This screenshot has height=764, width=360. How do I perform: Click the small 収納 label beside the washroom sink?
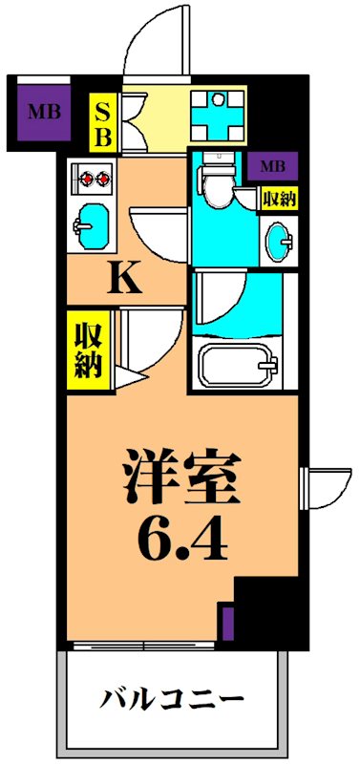(x=278, y=200)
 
